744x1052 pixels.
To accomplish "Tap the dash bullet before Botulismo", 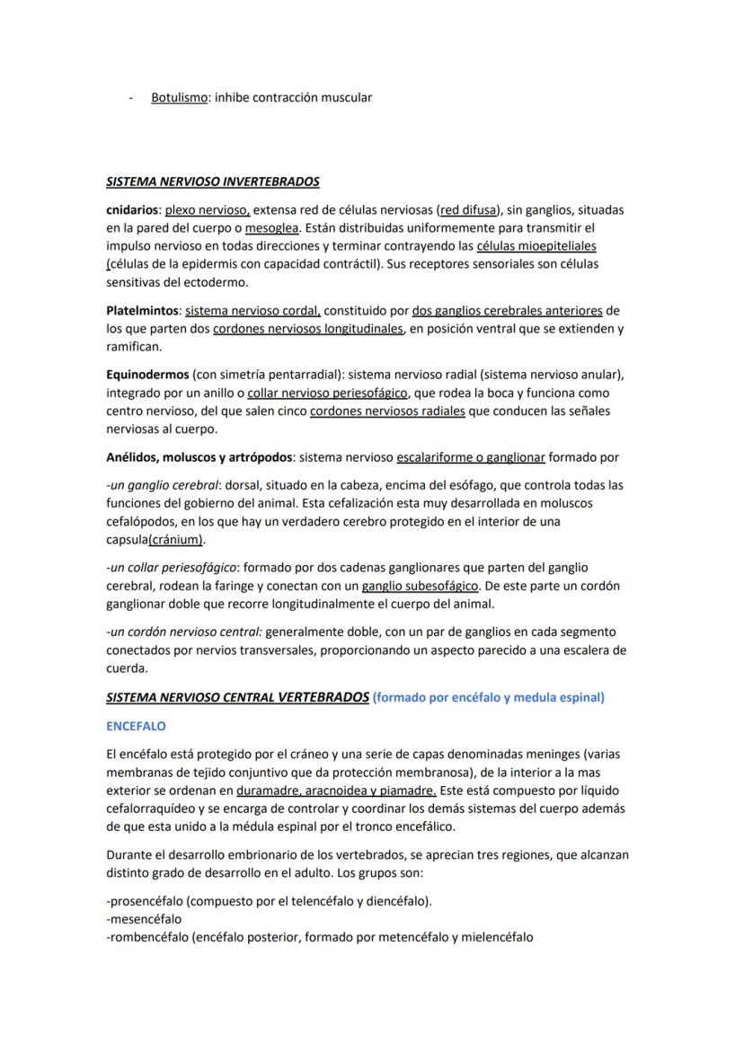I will click(131, 97).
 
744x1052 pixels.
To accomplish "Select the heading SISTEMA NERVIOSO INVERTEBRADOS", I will click(212, 181).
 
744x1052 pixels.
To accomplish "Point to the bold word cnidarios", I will click(133, 209).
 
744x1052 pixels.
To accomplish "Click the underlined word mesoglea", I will click(273, 227).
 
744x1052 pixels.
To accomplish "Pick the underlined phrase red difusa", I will click(469, 209).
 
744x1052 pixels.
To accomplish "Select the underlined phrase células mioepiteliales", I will click(536, 246).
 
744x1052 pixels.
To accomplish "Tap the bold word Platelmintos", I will click(143, 311).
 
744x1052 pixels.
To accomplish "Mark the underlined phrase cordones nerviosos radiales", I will click(387, 411).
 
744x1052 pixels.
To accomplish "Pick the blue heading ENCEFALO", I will click(136, 725).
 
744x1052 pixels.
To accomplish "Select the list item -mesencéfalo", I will click(144, 919).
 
